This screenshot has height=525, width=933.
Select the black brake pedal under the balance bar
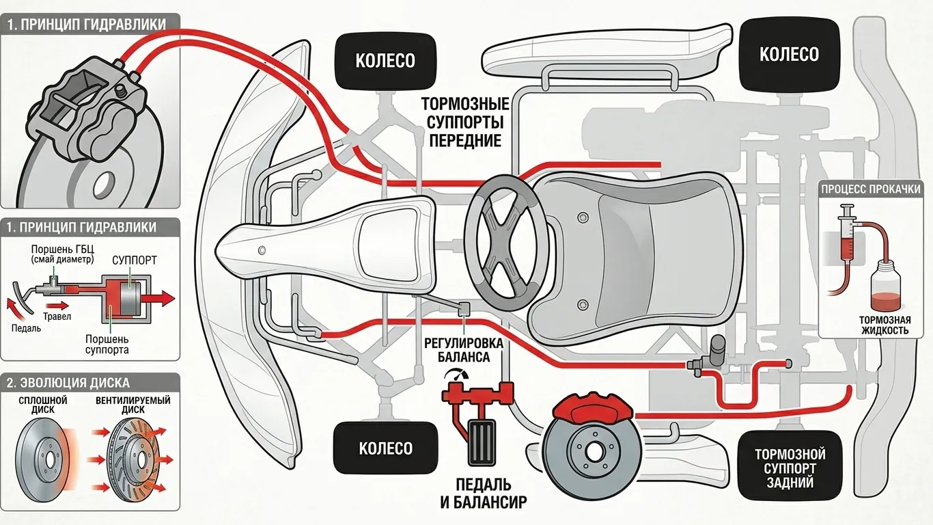tap(482, 442)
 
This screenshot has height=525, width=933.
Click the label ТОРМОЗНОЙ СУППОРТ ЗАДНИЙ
tap(790, 468)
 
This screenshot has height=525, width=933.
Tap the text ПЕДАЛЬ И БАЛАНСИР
tap(483, 494)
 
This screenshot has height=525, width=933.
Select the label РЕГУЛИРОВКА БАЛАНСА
tap(463, 350)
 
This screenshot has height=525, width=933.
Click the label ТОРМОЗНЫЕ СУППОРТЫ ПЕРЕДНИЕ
tap(465, 122)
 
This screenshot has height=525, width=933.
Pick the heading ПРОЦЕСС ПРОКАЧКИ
tap(871, 189)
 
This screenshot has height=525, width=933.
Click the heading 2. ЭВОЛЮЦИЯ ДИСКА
tap(68, 383)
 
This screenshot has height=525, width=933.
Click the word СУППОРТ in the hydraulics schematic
tap(134, 260)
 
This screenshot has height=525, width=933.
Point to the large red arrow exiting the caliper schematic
tap(158, 298)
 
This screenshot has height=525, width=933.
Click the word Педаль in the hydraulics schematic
tap(26, 328)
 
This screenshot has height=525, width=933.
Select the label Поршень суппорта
tap(107, 345)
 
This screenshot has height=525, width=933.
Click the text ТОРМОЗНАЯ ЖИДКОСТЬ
tap(885, 325)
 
